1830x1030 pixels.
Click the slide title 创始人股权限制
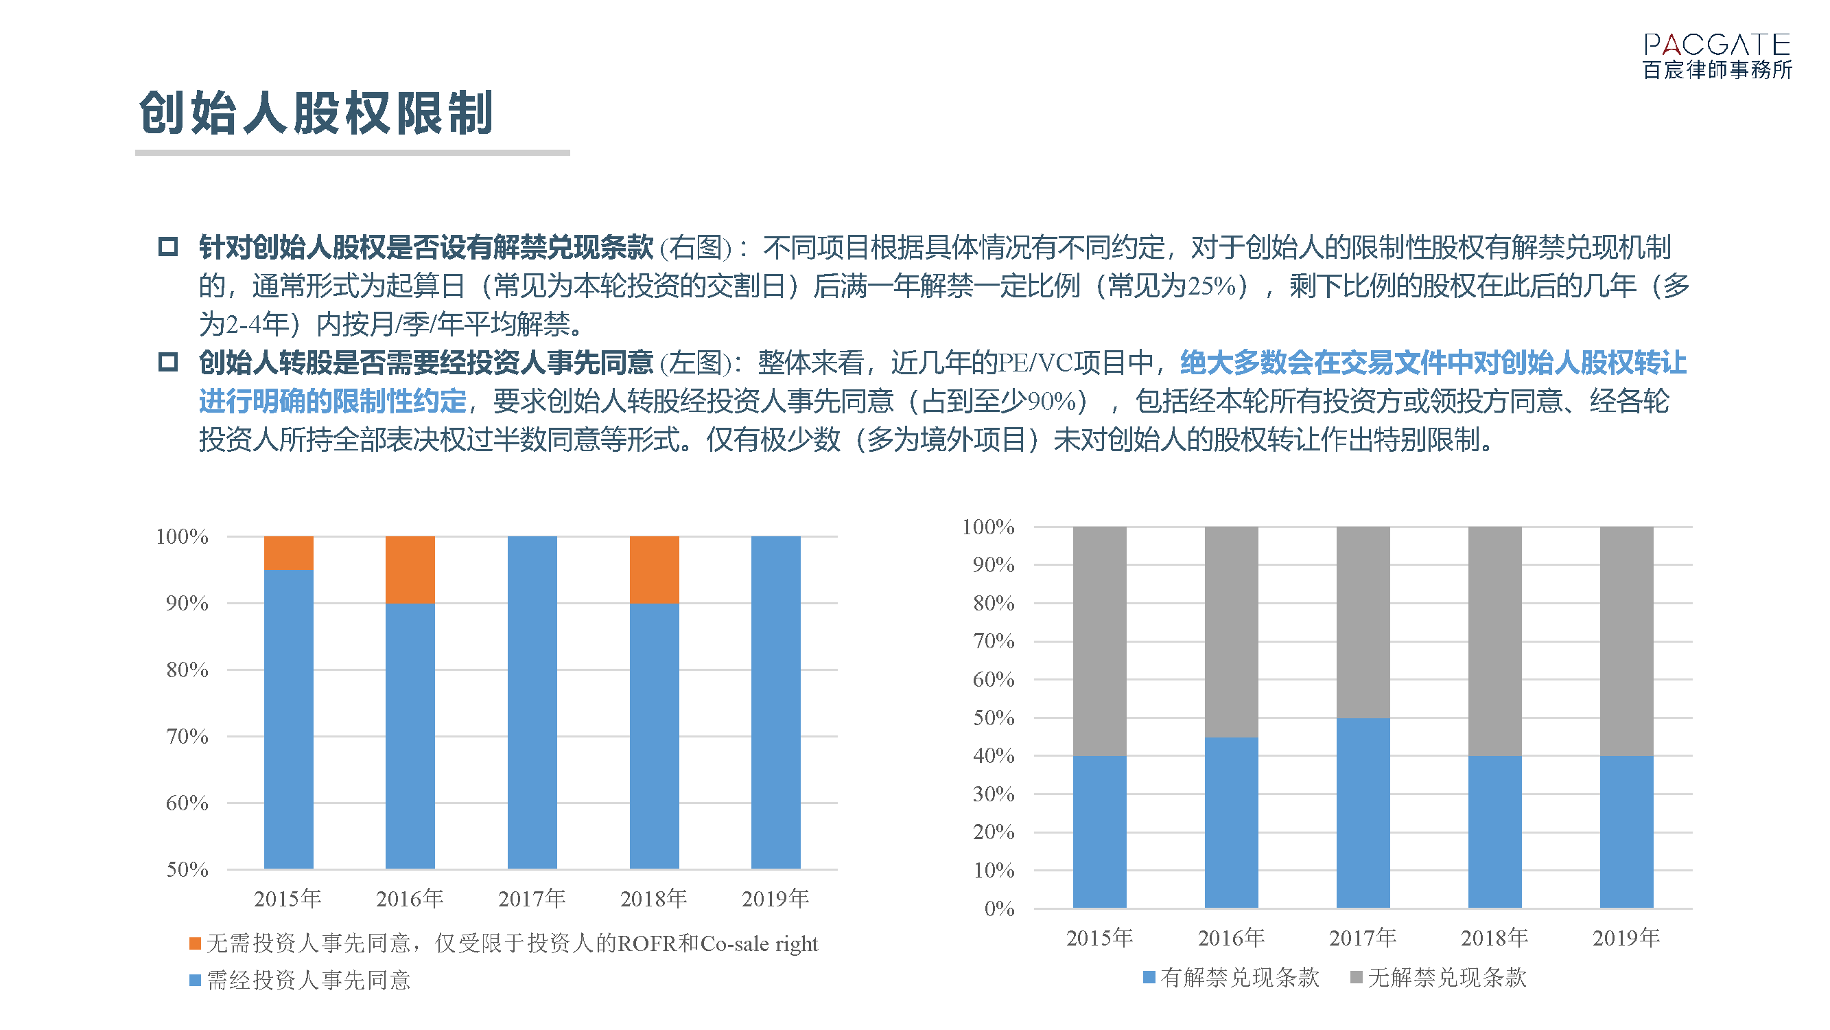pyautogui.click(x=316, y=114)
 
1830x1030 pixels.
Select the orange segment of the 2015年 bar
pyautogui.click(x=288, y=553)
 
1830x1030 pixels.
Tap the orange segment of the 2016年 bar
pyautogui.click(x=410, y=569)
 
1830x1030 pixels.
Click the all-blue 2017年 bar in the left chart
pyautogui.click(x=532, y=702)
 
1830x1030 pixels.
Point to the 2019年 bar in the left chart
pyautogui.click(x=776, y=702)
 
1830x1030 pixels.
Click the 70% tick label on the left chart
pyautogui.click(x=187, y=736)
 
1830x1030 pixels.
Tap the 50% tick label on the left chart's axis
pyautogui.click(x=187, y=869)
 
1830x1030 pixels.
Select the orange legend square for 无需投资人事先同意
pyautogui.click(x=196, y=943)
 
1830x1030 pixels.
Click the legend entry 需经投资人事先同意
pyautogui.click(x=308, y=981)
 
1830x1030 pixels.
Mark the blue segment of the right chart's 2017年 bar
pyautogui.click(x=1363, y=812)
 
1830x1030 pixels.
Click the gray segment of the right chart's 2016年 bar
pyautogui.click(x=1231, y=631)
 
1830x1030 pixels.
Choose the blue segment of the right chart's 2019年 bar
pyautogui.click(x=1626, y=832)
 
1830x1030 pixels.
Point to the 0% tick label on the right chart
pyautogui.click(x=999, y=908)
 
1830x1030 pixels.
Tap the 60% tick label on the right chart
pyautogui.click(x=993, y=680)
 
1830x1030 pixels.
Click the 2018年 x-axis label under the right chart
pyautogui.click(x=1494, y=938)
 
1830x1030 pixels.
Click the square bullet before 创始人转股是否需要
pyautogui.click(x=167, y=363)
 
